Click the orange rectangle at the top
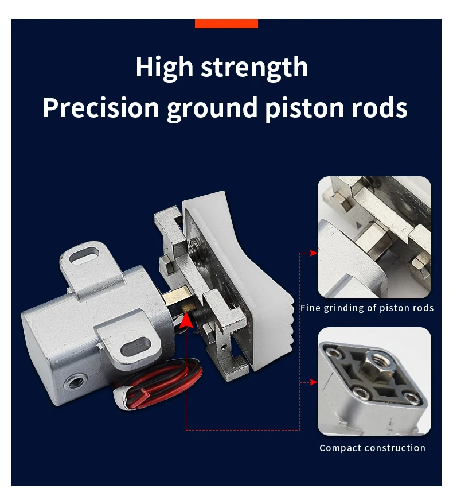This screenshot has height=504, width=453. point(226,24)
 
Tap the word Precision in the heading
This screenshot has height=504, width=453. point(101,108)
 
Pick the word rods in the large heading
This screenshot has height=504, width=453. point(379,108)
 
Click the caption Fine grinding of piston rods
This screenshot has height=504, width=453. point(367,308)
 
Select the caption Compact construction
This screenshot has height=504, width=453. point(372,448)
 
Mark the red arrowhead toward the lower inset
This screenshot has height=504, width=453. point(313,382)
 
